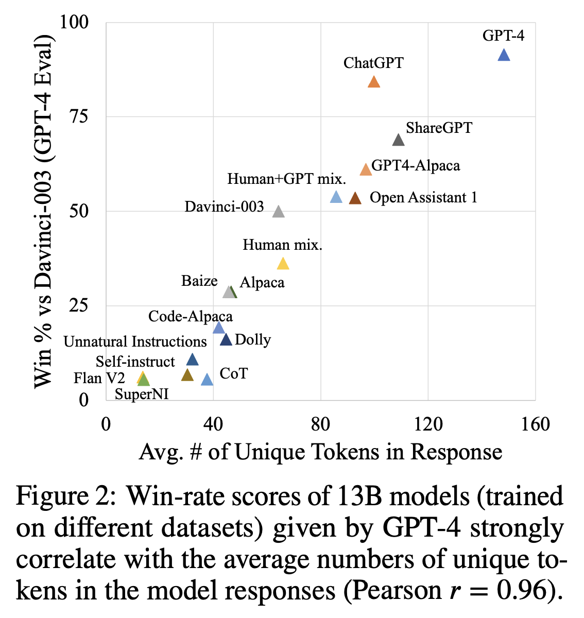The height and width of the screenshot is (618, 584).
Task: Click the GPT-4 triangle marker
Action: tap(504, 55)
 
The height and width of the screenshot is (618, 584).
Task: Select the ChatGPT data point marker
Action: tap(374, 82)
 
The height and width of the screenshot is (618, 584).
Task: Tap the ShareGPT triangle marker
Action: tap(398, 140)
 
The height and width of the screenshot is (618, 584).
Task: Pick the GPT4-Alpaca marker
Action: tap(366, 170)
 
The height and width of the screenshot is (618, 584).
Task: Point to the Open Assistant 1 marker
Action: tap(355, 198)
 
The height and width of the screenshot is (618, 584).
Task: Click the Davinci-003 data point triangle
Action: tap(279, 212)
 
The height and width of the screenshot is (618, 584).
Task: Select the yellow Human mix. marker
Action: tap(283, 264)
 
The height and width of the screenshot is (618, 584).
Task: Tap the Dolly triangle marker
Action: tap(226, 340)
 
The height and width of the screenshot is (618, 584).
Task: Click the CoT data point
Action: tap(207, 380)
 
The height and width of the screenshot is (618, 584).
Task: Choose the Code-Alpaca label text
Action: tap(190, 316)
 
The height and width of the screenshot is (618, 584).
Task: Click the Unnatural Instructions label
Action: tap(135, 341)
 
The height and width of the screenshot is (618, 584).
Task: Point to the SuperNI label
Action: tap(142, 394)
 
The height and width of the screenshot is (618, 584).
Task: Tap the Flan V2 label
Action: tap(99, 379)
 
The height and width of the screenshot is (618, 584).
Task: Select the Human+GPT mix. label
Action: tap(286, 179)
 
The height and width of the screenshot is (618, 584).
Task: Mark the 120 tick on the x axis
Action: tap(428, 424)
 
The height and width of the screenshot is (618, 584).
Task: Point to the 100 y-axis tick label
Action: tap(75, 22)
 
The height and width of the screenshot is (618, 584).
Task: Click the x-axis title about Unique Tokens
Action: tap(320, 452)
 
